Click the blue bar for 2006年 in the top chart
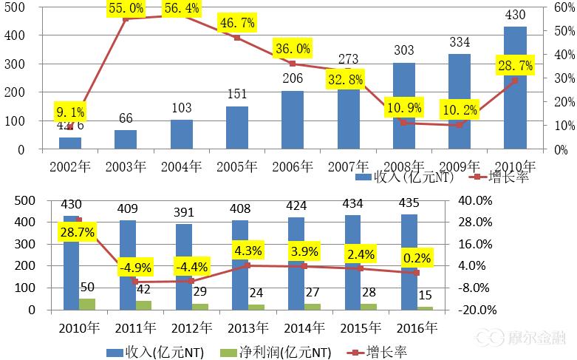click(x=293, y=120)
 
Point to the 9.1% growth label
click(x=71, y=112)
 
